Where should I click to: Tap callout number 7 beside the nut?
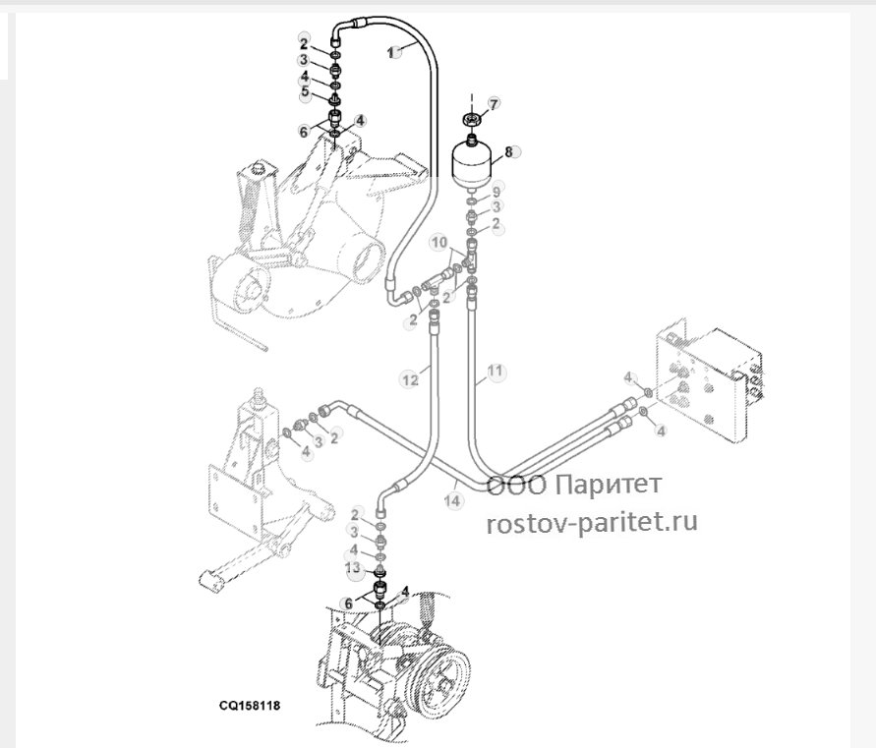[494, 103]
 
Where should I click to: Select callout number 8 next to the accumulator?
[508, 151]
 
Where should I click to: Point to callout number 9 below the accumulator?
[496, 193]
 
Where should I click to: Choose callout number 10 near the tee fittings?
[439, 243]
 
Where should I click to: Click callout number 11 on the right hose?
[495, 371]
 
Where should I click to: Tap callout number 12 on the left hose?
[410, 379]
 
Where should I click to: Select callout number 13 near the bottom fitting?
[353, 568]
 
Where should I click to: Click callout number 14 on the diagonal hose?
[453, 500]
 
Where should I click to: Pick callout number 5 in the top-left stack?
[305, 90]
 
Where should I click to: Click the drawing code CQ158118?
[250, 706]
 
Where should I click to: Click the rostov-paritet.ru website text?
[592, 522]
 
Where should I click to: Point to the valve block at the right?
[709, 380]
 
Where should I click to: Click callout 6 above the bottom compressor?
[348, 604]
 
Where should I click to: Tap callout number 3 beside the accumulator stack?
[496, 207]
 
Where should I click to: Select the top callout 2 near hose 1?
[304, 43]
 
